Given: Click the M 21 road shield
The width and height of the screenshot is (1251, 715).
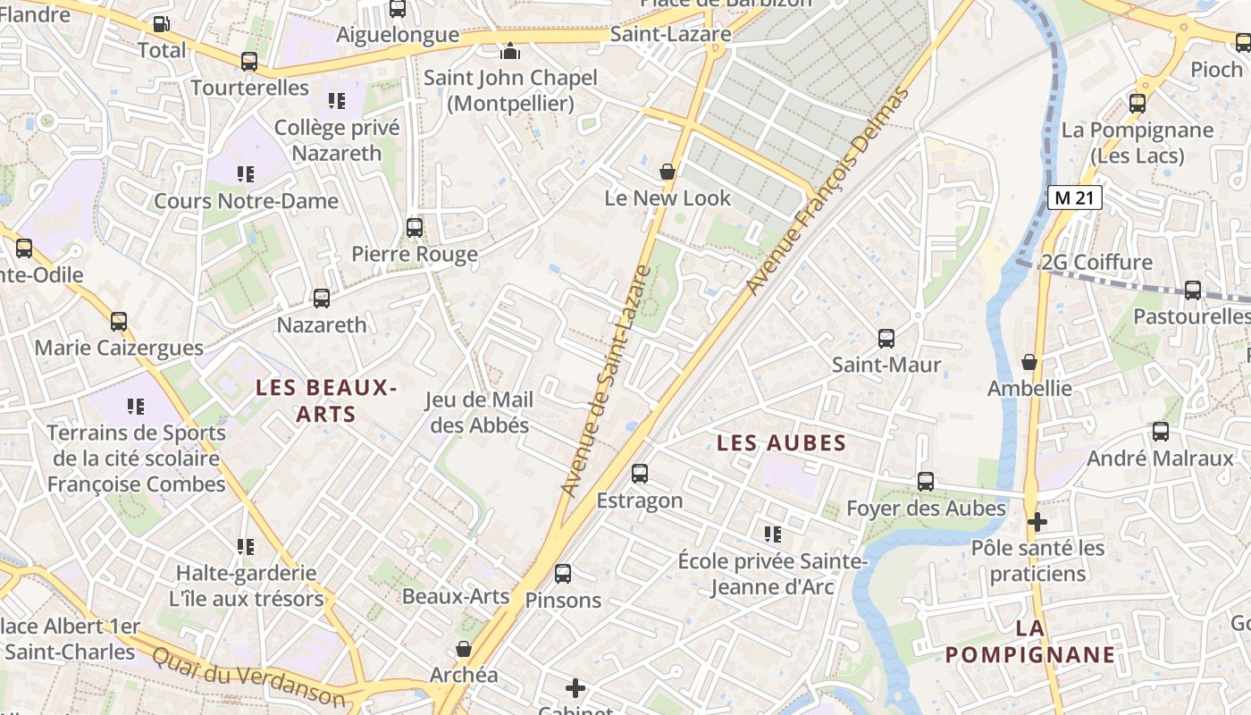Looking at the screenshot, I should (1074, 198).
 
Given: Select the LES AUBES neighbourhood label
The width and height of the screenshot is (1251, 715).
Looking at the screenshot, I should (782, 443).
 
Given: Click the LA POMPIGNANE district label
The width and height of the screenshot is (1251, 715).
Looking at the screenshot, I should (1030, 642).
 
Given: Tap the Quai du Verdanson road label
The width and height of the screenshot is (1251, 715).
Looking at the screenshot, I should (248, 677).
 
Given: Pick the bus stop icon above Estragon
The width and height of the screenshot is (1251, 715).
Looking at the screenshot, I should (640, 474).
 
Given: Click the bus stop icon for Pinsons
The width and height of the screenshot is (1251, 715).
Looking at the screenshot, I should (563, 574).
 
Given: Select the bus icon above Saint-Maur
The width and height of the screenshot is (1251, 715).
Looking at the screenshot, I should (886, 339).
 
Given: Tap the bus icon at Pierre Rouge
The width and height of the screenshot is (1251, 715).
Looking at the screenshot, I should (415, 228).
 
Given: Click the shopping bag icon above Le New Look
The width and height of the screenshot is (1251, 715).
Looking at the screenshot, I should (667, 172).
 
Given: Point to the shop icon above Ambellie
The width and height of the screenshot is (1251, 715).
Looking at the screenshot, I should (1029, 362).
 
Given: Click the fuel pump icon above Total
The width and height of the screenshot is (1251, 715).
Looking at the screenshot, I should (161, 24).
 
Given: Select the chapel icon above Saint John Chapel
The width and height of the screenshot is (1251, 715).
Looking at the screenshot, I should (510, 51).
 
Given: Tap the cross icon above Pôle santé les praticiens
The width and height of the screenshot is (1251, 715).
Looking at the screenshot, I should (1037, 521).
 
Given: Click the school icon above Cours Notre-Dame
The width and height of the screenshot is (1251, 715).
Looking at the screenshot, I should (246, 174).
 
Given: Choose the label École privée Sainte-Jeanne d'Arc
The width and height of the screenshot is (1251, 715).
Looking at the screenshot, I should (773, 574).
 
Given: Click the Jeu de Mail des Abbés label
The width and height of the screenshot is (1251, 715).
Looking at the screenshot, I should (480, 412).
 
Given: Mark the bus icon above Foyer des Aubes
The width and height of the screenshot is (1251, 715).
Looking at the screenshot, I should (926, 482).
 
